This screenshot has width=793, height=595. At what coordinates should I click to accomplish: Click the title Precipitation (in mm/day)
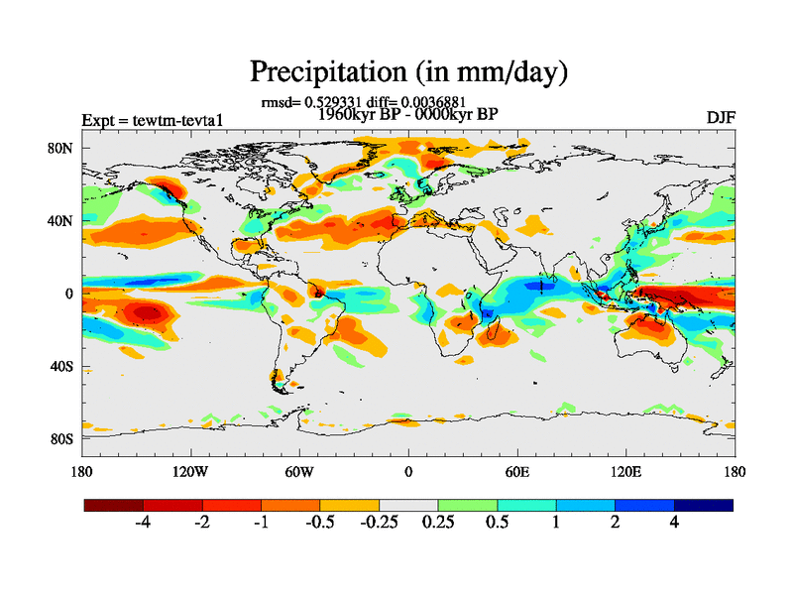click(x=408, y=71)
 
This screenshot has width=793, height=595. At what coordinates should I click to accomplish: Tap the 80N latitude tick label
click(x=63, y=148)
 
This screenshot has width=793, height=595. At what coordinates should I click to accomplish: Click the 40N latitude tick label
click(x=63, y=221)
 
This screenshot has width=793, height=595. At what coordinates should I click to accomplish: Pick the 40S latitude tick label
click(x=63, y=366)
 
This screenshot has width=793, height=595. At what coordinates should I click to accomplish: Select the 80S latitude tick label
click(x=63, y=438)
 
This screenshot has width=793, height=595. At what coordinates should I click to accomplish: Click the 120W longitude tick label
click(x=189, y=471)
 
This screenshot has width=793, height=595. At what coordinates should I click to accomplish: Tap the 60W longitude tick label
click(x=298, y=471)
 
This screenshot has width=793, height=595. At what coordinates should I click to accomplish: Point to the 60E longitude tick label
click(x=516, y=471)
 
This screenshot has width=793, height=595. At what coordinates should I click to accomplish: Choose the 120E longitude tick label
click(x=625, y=471)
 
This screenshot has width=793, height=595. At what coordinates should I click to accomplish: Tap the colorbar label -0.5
click(x=320, y=524)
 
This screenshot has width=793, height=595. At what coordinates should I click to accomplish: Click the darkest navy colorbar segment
click(x=704, y=505)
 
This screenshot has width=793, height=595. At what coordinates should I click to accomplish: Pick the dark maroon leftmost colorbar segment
click(x=114, y=505)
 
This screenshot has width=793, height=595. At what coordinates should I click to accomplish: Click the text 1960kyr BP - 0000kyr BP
click(x=407, y=113)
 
